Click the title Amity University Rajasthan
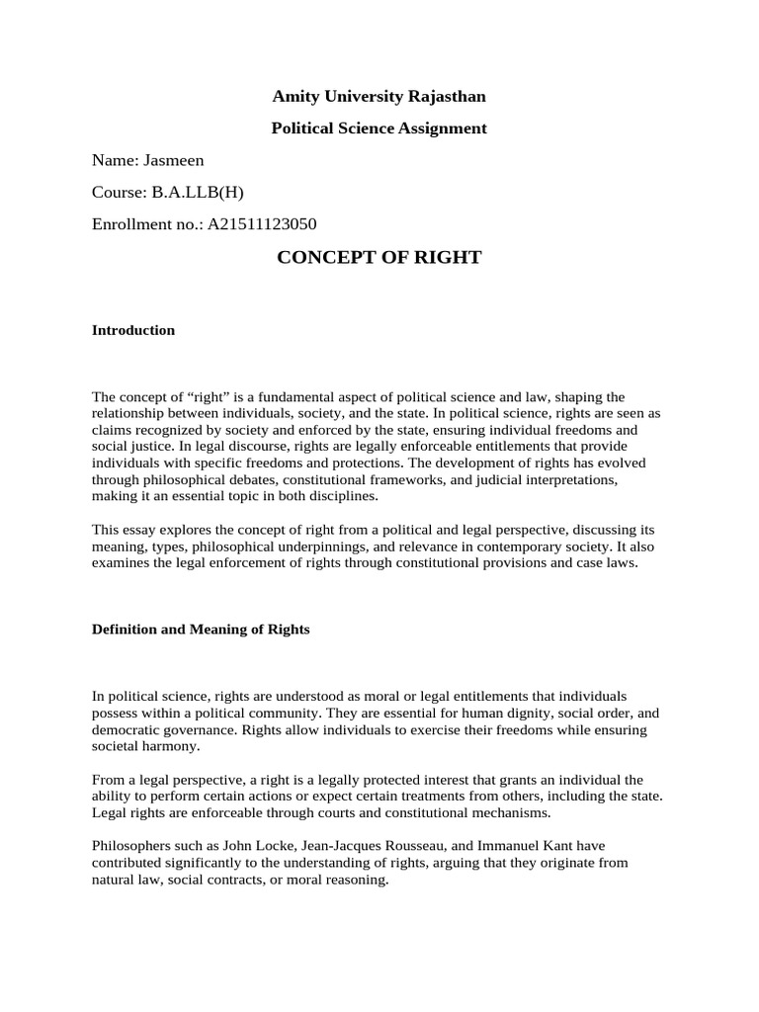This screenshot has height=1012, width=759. [x=379, y=97]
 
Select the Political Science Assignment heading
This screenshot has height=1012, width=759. [x=379, y=128]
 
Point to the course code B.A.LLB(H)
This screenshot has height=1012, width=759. [x=197, y=192]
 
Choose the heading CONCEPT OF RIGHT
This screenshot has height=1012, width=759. [x=379, y=258]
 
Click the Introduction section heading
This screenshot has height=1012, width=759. [x=133, y=330]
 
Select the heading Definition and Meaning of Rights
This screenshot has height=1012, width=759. [x=201, y=629]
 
